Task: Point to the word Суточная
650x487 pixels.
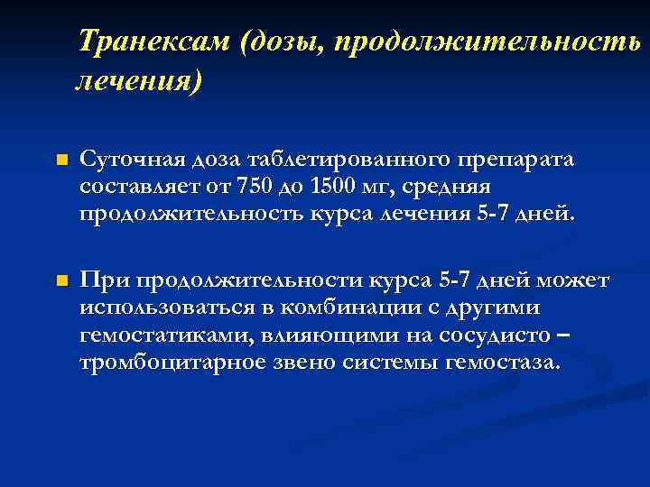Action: pyautogui.click(x=122, y=160)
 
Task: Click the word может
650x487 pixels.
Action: pyautogui.click(x=574, y=280)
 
